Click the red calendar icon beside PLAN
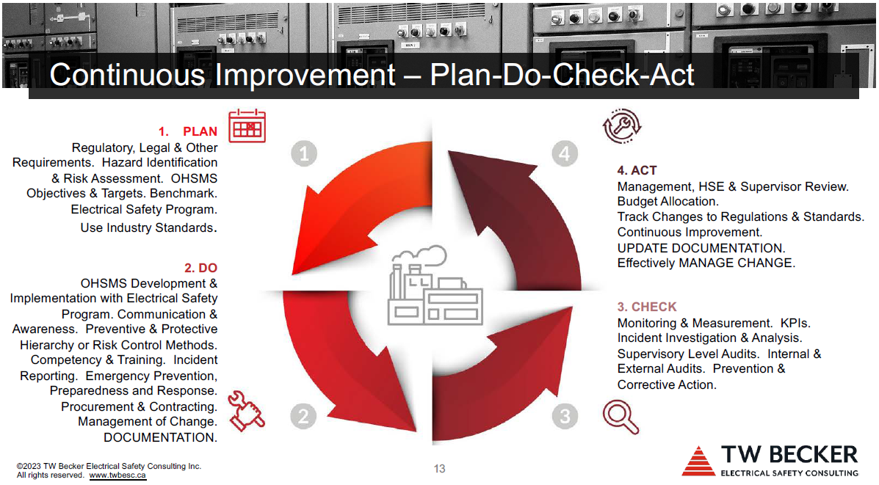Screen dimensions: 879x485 pyautogui.click(x=247, y=126)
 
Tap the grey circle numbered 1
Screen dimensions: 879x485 pyautogui.click(x=304, y=153)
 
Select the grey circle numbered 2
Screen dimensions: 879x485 pyautogui.click(x=303, y=416)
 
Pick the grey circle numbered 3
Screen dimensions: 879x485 pyautogui.click(x=565, y=416)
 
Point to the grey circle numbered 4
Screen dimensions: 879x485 pyautogui.click(x=565, y=153)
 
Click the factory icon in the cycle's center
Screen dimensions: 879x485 pyautogui.click(x=435, y=285)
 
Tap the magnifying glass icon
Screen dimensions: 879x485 pyautogui.click(x=621, y=417)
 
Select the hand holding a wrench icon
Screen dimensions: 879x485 pyautogui.click(x=246, y=411)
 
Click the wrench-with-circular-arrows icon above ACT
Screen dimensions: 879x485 pyautogui.click(x=622, y=126)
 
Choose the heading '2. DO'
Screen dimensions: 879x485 pyautogui.click(x=200, y=268)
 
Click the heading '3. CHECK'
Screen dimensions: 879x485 pyautogui.click(x=647, y=307)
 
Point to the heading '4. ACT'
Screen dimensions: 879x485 pyautogui.click(x=637, y=170)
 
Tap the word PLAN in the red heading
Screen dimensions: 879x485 pyautogui.click(x=200, y=131)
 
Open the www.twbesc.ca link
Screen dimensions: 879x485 pyautogui.click(x=117, y=475)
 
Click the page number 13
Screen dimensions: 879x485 pyautogui.click(x=439, y=469)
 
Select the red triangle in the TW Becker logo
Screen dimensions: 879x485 pyautogui.click(x=698, y=461)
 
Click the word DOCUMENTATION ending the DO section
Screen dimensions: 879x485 pyautogui.click(x=160, y=437)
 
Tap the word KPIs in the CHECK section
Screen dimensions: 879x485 pyautogui.click(x=795, y=323)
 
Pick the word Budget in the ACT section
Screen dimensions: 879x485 pyautogui.click(x=637, y=202)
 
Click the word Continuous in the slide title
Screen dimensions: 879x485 pyautogui.click(x=129, y=75)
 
